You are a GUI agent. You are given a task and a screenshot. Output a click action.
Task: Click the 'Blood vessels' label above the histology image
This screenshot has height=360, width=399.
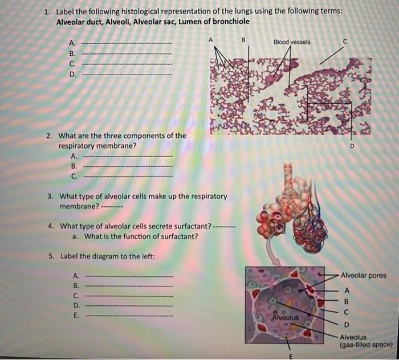pyautogui.click(x=292, y=42)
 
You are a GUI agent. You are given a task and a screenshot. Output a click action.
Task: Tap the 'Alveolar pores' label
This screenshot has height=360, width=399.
pyautogui.click(x=363, y=276)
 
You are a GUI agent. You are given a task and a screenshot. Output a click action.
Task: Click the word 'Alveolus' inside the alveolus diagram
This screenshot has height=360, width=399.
pyautogui.click(x=286, y=316)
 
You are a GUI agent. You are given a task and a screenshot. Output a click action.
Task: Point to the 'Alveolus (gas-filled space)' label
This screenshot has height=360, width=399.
pyautogui.click(x=365, y=341)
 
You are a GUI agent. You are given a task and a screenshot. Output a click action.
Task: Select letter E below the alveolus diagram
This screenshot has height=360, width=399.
pyautogui.click(x=290, y=356)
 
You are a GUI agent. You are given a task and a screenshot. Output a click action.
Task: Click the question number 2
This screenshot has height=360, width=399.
pyautogui.click(x=50, y=136)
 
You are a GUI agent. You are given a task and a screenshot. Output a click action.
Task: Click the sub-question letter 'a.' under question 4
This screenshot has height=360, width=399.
pyautogui.click(x=75, y=236)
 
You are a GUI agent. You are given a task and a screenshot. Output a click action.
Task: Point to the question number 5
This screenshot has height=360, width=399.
pyautogui.click(x=51, y=256)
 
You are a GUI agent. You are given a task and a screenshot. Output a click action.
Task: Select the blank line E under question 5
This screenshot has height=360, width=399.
pyautogui.click(x=129, y=315)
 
